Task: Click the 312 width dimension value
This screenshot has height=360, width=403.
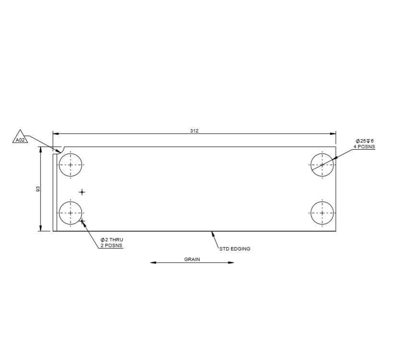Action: (x=194, y=131)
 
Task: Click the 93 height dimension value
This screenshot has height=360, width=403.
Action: (x=38, y=189)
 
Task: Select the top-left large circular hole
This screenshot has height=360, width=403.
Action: (x=71, y=165)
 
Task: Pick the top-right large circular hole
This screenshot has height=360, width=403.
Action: (x=322, y=165)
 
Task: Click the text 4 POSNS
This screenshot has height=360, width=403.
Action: (x=364, y=146)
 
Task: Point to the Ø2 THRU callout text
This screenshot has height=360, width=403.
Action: (x=111, y=240)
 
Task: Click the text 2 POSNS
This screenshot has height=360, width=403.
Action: (x=111, y=245)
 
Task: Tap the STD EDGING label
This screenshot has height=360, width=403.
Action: (x=235, y=249)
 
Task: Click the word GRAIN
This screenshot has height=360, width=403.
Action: (x=192, y=259)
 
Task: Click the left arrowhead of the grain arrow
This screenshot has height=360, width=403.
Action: (x=153, y=263)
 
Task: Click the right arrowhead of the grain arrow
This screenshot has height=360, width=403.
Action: (x=232, y=263)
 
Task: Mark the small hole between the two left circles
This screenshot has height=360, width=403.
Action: (x=82, y=192)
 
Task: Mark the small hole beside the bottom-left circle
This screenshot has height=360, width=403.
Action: (x=83, y=221)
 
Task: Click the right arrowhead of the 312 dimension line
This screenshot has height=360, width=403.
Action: (x=333, y=133)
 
